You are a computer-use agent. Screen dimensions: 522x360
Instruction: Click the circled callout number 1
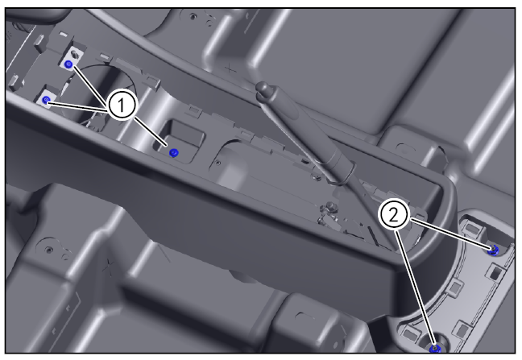tap(122, 106)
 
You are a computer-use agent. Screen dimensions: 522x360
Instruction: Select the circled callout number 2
tap(393, 216)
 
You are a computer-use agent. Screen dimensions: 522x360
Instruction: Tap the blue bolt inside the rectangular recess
tap(173, 153)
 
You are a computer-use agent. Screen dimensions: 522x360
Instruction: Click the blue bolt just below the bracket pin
tap(69, 65)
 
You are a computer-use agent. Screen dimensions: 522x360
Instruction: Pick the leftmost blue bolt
tap(46, 100)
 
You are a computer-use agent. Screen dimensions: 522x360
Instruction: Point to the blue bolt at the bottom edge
tap(435, 349)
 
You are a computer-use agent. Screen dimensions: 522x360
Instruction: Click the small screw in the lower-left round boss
tap(49, 250)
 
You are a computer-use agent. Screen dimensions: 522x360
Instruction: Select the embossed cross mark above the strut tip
tap(230, 69)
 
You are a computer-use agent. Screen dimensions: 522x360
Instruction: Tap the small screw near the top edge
tap(192, 15)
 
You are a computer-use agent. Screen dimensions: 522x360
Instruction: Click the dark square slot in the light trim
tap(495, 272)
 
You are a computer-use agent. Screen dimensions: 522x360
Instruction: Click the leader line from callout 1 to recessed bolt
tap(151, 131)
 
